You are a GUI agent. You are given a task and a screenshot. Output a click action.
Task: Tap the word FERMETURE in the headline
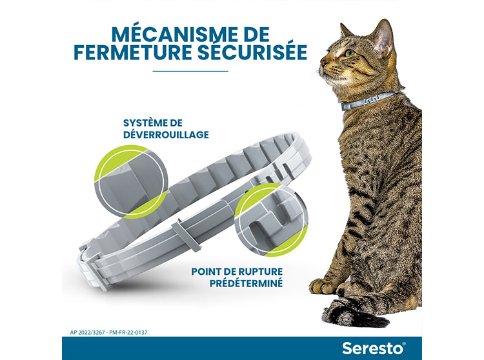click(x=133, y=52)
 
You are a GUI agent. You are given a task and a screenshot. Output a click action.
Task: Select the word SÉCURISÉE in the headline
click(x=253, y=52)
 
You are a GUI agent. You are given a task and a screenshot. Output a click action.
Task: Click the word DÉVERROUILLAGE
click(x=166, y=134)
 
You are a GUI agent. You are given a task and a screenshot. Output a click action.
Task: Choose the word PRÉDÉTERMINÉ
click(x=247, y=283)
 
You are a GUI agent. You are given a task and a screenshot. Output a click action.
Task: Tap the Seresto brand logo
click(x=374, y=348)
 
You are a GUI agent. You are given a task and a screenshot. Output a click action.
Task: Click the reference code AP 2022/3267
click(x=88, y=332)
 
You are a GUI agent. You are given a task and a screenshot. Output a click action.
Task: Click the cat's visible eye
click(x=350, y=53)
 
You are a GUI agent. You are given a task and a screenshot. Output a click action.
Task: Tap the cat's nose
click(x=323, y=63)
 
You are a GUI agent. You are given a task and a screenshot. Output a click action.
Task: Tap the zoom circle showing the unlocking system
click(x=132, y=181)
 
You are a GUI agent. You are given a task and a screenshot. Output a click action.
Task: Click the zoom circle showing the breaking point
click(x=271, y=220)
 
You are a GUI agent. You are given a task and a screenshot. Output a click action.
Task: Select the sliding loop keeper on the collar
click(x=187, y=235)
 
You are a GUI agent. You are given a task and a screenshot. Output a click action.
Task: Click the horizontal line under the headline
click(x=190, y=71)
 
